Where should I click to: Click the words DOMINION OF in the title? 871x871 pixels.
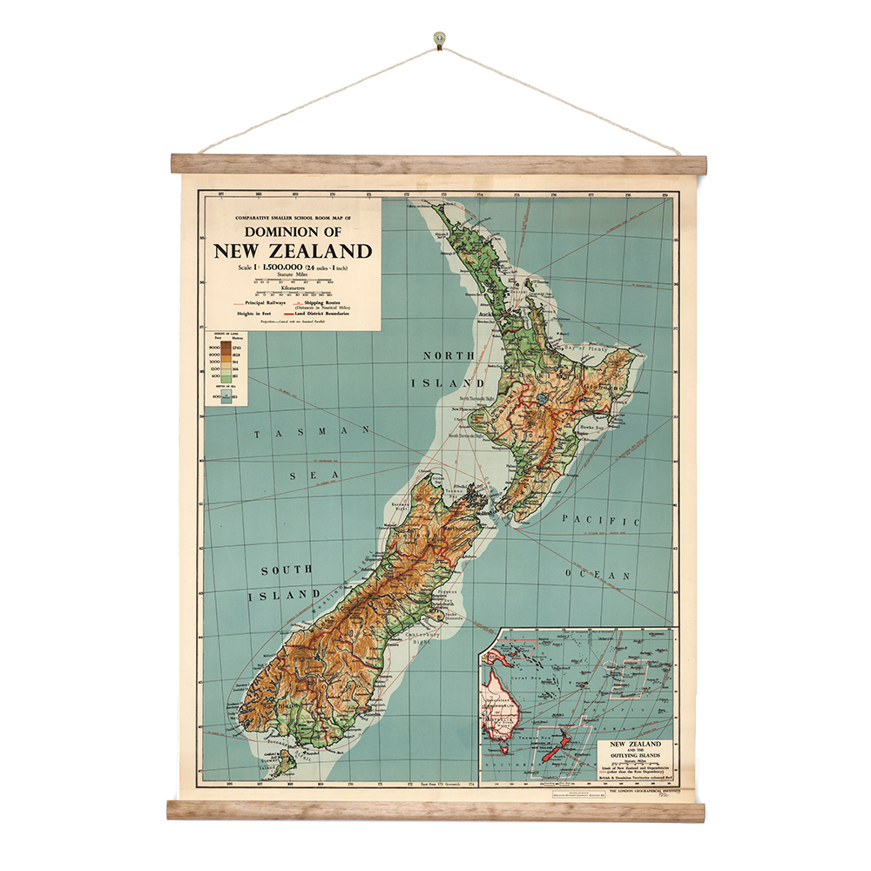(293, 232)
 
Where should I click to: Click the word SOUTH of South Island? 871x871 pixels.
(287, 570)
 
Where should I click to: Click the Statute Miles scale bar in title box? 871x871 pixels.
(293, 280)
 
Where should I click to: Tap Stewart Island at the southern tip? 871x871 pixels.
(281, 766)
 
